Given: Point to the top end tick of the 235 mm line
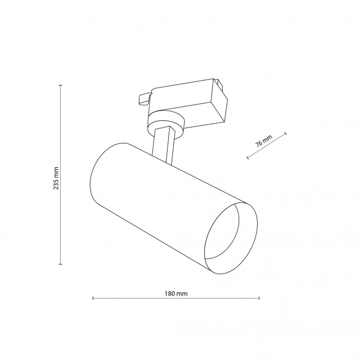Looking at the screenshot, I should [x=61, y=85].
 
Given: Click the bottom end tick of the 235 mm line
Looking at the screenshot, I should [x=61, y=264].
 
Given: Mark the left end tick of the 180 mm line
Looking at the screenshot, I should [x=93, y=298].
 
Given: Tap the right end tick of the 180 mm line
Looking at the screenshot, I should [x=259, y=298].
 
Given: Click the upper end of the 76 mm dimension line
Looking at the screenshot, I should [x=285, y=135].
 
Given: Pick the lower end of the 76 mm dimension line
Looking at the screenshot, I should [x=248, y=158].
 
